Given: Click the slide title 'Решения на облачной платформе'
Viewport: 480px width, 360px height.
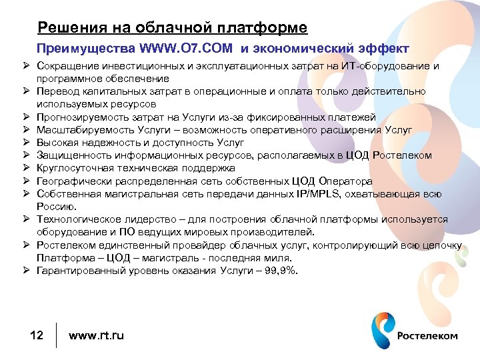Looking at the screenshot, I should coord(173,28).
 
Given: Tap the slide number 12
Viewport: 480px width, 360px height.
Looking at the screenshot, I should coord(37,335).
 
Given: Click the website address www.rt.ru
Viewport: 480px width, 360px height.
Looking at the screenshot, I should coord(96,335).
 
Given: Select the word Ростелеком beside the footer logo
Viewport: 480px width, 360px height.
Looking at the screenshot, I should coord(427,335).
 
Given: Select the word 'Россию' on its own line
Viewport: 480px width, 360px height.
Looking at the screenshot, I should coord(55,207).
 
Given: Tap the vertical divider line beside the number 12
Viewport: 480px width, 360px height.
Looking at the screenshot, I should coord(57,335).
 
